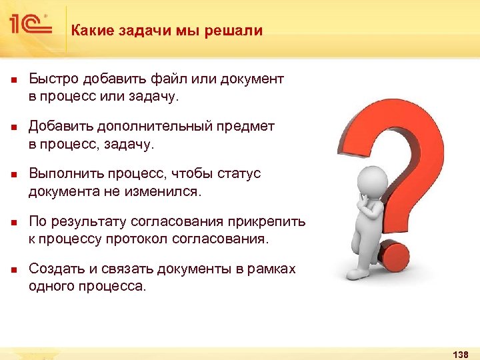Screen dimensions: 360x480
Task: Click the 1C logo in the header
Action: (x=29, y=25)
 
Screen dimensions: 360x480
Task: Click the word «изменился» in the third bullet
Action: (x=167, y=192)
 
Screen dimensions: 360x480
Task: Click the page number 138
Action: (x=460, y=353)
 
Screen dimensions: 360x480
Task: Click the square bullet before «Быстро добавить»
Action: (x=13, y=80)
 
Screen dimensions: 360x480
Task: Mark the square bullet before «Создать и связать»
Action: (x=13, y=269)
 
